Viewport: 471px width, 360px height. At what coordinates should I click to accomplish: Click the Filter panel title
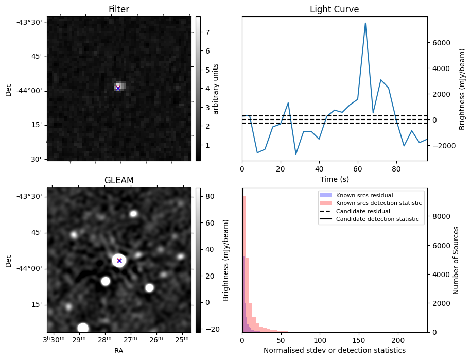pyautogui.click(x=118, y=9)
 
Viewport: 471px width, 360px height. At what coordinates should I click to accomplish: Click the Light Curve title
pyautogui.click(x=334, y=9)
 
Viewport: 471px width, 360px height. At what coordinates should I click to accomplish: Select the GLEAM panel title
pyautogui.click(x=118, y=180)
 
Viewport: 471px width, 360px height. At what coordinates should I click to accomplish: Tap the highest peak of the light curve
pyautogui.click(x=365, y=23)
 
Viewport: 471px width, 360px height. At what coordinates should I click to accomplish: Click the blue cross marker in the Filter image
pyautogui.click(x=118, y=88)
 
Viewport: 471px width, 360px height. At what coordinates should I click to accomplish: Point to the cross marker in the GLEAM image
pyautogui.click(x=119, y=261)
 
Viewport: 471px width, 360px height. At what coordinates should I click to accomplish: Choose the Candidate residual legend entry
pyautogui.click(x=362, y=212)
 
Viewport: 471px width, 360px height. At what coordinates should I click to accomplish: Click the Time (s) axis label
pyautogui.click(x=335, y=178)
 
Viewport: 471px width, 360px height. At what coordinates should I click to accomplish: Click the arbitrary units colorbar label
pyautogui.click(x=216, y=89)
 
